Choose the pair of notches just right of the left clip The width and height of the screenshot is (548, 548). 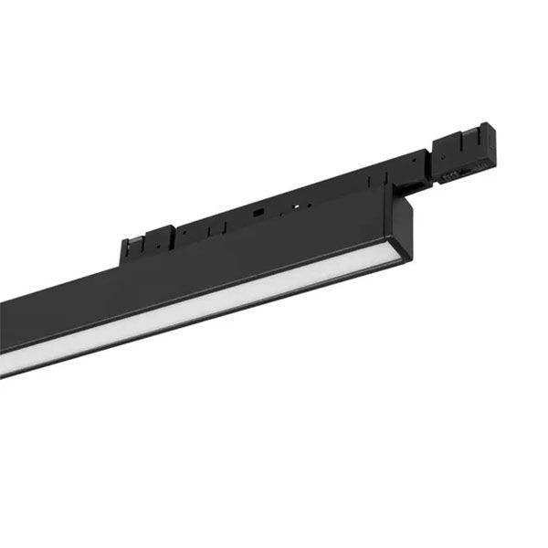[x=184, y=234]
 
